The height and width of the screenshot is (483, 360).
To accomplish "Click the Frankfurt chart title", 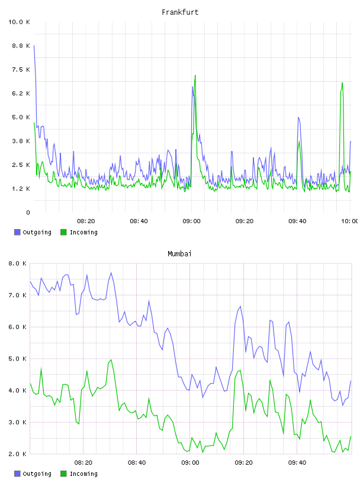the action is tap(180, 12).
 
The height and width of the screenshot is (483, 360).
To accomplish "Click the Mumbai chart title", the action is tap(179, 254).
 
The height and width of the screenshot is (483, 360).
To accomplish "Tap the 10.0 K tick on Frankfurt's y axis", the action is tap(19, 22).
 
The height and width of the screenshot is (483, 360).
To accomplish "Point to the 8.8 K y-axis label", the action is tap(21, 46).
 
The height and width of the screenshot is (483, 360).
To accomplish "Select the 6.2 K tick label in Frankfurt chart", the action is tap(21, 94).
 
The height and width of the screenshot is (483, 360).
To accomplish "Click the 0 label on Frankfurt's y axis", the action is tap(28, 212).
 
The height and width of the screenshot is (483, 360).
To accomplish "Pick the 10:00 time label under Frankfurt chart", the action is tap(349, 221).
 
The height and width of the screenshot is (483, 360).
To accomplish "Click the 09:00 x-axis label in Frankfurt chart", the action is tap(191, 221).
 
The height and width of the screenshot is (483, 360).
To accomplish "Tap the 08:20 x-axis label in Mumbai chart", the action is tap(83, 463).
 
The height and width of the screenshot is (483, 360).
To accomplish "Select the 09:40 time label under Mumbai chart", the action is tap(297, 463).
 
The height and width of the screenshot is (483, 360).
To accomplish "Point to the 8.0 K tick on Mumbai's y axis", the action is tap(17, 263).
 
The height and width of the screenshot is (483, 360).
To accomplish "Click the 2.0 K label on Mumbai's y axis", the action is tap(17, 454).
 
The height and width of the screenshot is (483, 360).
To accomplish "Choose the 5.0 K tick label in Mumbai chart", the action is tap(17, 359).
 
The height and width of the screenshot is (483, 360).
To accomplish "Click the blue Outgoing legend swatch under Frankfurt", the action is tap(17, 232).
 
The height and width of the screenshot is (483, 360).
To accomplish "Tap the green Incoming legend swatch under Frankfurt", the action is tap(63, 232).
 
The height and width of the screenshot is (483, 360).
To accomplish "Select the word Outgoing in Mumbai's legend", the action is tap(37, 474).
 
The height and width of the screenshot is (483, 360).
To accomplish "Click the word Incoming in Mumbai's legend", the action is tap(83, 474).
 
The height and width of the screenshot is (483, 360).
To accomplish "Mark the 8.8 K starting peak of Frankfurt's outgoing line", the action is tap(34, 46).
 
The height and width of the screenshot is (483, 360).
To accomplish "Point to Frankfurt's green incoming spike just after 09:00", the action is tap(195, 76).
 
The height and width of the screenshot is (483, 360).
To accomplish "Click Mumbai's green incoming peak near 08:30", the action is tap(111, 360).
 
